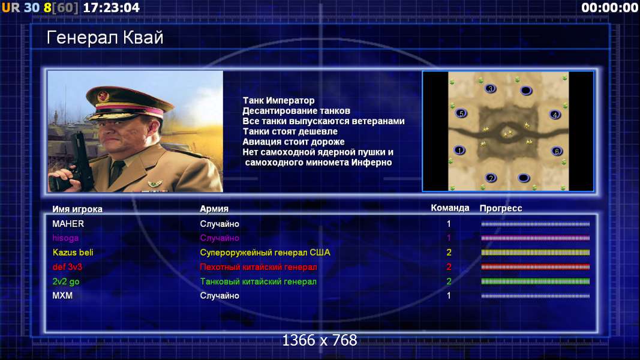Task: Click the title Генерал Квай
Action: point(105,38)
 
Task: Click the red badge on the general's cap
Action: point(103,97)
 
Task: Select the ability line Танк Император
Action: point(279,100)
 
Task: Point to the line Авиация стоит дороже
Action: point(293,142)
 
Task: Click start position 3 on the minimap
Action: point(490,88)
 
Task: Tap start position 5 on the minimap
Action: point(461,113)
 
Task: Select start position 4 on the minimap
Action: point(555,114)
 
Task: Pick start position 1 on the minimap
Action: point(459,150)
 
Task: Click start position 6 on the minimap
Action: point(557,151)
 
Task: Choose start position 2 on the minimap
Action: point(491,178)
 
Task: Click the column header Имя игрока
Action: point(77,209)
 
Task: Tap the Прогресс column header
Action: point(501,208)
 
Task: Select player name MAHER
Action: point(68,224)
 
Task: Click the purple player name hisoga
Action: point(65,238)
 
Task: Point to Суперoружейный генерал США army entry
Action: point(265,253)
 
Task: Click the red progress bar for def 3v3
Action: point(535,267)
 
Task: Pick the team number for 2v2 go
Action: point(449,281)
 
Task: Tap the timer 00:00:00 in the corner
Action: point(610,7)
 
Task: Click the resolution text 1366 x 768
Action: point(320,340)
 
